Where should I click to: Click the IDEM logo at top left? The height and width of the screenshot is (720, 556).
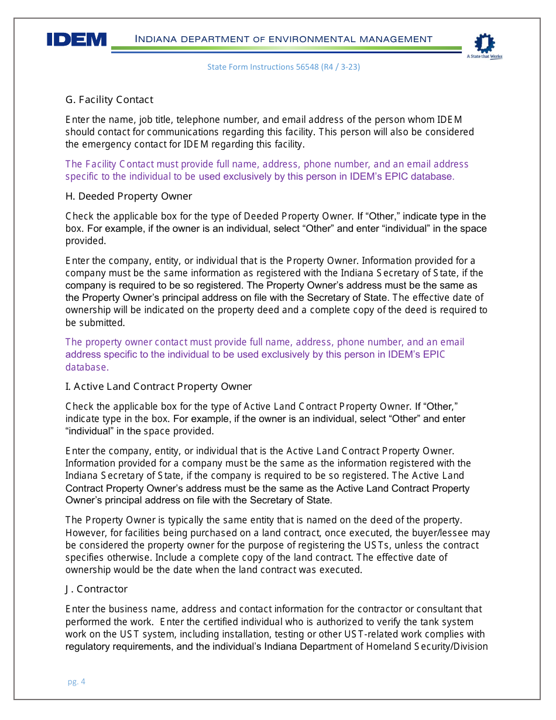(x=77, y=40)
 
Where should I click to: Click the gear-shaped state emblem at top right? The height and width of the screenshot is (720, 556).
(x=485, y=44)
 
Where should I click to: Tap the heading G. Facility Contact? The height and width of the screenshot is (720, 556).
(x=109, y=100)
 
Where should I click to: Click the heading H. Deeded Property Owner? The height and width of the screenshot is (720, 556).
(x=129, y=196)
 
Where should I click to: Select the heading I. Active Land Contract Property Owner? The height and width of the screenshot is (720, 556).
(x=159, y=386)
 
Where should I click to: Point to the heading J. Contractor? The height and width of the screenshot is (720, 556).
(x=97, y=589)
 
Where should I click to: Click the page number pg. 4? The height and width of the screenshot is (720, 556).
(x=76, y=681)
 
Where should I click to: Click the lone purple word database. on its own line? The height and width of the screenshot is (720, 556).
(x=87, y=368)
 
